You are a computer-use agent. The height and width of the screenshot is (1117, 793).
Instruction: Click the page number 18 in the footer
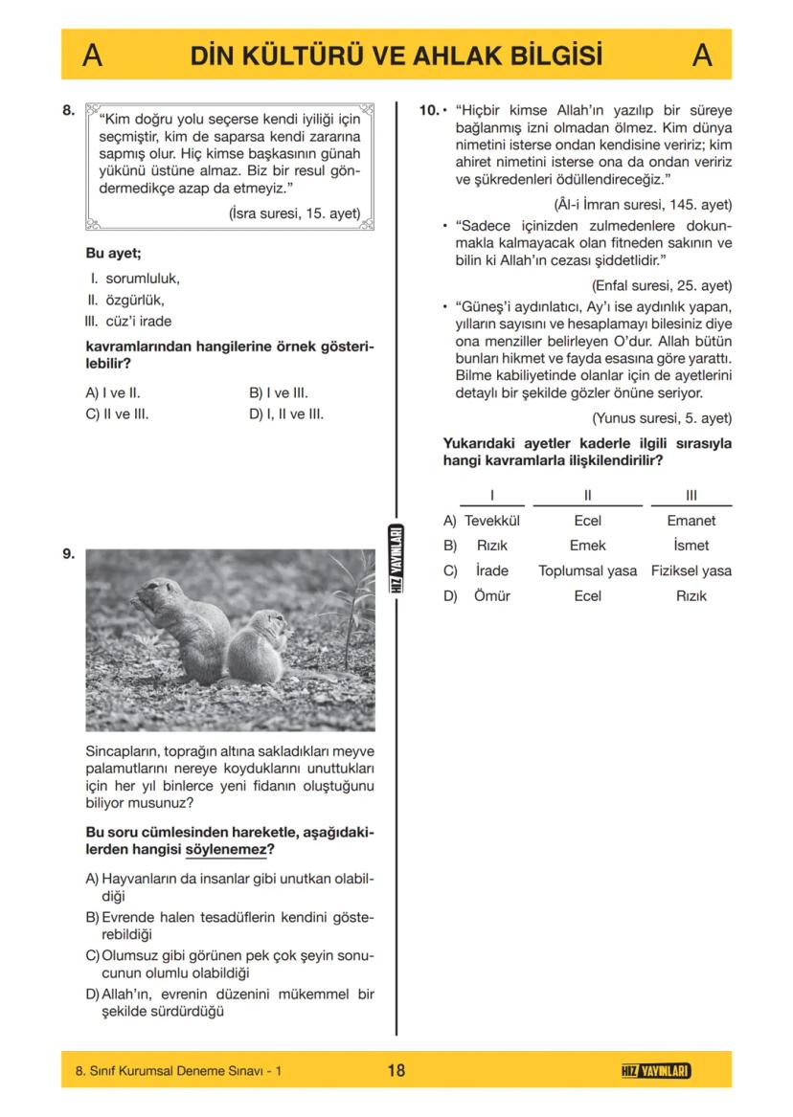point(396,1070)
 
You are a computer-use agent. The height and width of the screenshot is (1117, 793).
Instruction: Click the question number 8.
point(68,110)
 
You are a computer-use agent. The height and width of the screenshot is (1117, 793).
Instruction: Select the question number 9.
point(68,554)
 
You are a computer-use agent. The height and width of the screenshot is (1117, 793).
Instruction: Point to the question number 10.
point(429,110)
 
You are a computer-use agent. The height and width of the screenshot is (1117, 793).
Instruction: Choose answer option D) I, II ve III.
point(285,414)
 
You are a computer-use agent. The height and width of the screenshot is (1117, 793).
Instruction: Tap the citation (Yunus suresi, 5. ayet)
point(661,417)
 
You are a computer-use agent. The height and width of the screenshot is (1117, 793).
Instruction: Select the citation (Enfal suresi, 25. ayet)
point(662,285)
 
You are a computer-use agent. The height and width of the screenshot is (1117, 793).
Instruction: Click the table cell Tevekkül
point(491,521)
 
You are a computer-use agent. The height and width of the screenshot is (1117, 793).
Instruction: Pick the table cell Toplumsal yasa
point(587,570)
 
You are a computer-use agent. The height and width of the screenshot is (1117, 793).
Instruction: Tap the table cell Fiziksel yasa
point(691,570)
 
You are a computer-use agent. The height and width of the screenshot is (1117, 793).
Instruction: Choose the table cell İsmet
point(691,546)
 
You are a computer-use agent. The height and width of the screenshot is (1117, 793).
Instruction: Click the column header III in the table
point(691,495)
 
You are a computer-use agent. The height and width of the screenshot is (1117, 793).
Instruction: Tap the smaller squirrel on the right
point(259,651)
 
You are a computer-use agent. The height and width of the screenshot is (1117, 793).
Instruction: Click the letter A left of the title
point(92,56)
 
